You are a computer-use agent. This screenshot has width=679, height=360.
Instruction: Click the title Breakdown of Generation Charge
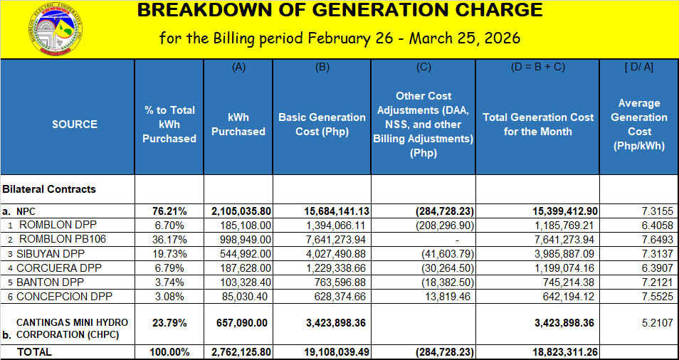339,11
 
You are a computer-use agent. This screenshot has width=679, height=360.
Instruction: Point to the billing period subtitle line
339,38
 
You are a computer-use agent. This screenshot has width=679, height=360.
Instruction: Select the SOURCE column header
75,124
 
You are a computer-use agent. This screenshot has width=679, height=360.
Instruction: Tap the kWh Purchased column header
238,124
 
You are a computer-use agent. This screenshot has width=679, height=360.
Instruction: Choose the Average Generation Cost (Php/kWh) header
638,124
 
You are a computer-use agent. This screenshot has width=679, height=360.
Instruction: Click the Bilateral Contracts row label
49,189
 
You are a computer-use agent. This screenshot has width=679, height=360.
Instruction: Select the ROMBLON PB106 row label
62,239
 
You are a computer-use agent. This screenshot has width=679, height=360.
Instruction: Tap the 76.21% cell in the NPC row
169,211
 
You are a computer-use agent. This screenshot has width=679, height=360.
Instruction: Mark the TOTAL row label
34,352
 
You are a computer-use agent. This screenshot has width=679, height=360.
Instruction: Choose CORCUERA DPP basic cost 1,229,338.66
338,268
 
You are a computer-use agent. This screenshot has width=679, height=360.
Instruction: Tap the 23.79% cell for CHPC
169,322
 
